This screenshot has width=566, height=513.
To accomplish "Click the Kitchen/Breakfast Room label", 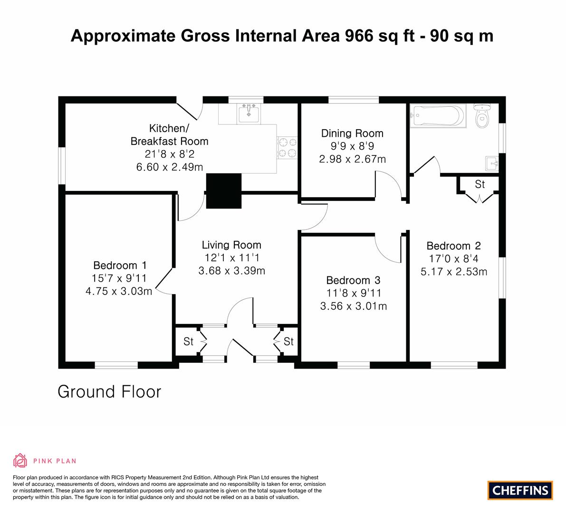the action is [x=169, y=134].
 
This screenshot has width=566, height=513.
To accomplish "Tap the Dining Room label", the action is [x=352, y=133].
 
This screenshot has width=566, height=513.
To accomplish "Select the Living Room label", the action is [x=231, y=245].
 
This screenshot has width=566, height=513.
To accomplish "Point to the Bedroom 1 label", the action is [x=120, y=266].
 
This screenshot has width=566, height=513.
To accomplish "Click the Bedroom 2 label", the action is [x=454, y=246].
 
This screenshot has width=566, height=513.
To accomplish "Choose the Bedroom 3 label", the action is [x=354, y=280].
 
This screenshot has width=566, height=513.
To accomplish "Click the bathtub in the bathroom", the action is [x=438, y=116].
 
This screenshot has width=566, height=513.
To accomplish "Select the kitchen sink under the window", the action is [x=249, y=113].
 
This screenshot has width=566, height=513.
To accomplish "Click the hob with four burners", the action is [x=288, y=148].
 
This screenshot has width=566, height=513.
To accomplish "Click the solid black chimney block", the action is [x=223, y=191].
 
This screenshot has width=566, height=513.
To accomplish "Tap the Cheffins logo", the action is [x=520, y=490].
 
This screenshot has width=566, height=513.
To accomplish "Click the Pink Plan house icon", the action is [x=20, y=460].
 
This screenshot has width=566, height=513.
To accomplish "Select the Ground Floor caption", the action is [x=109, y=392].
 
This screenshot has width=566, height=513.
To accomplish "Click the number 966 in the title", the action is [x=359, y=36].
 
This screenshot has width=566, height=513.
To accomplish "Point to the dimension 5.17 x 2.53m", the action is [x=454, y=272].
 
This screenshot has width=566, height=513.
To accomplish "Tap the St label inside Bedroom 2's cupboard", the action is [x=480, y=184].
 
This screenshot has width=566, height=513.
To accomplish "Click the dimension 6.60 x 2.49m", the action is [x=169, y=167].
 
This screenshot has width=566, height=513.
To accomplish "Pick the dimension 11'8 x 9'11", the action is [x=354, y=293].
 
